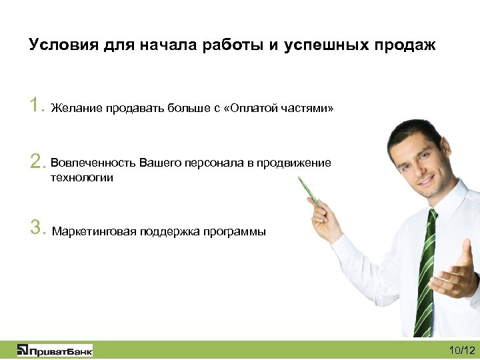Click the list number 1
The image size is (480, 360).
point(36,105)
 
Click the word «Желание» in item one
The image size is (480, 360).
point(77,108)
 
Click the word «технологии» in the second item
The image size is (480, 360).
point(82,177)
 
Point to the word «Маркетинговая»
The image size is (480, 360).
point(94,232)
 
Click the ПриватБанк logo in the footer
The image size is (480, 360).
point(55,350)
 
